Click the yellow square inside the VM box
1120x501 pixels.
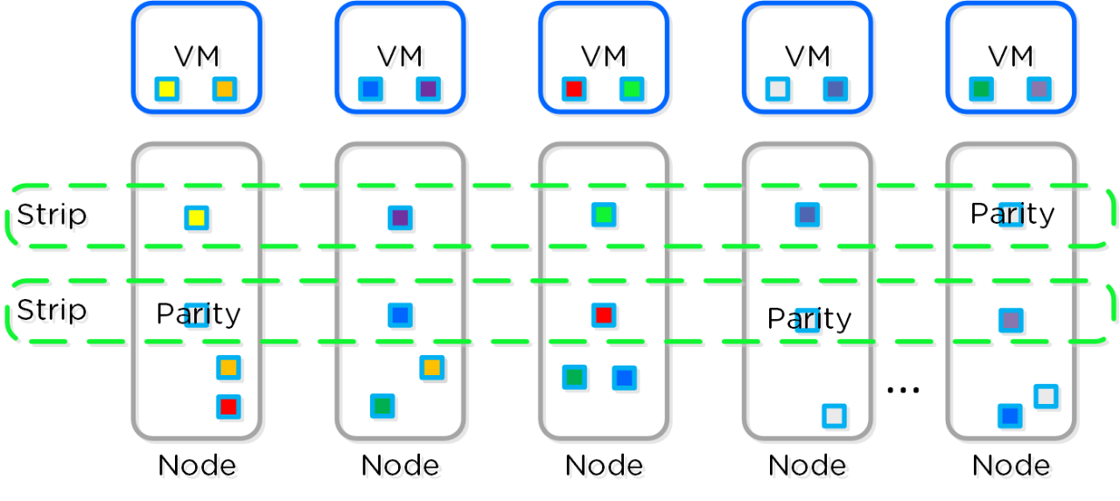click(x=167, y=88)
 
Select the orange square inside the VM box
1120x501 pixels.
click(x=225, y=88)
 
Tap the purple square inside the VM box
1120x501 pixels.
click(x=428, y=88)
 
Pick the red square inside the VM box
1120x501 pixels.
click(x=574, y=88)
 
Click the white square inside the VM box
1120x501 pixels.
click(x=777, y=88)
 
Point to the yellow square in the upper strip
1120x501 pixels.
click(x=197, y=218)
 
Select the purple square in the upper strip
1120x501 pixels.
click(x=400, y=218)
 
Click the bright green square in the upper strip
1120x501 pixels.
click(x=603, y=214)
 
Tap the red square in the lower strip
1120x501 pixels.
click(x=603, y=315)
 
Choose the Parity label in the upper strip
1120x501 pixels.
click(x=1012, y=213)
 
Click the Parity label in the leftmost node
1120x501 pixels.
click(x=198, y=314)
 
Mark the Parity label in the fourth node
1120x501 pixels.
click(x=808, y=319)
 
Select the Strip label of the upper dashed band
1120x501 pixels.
click(x=52, y=214)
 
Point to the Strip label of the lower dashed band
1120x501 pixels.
click(x=52, y=310)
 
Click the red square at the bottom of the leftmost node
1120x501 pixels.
click(x=228, y=407)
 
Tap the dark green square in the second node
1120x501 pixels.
click(x=382, y=407)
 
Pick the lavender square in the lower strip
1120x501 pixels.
click(x=1011, y=320)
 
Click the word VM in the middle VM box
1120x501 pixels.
click(x=603, y=56)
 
